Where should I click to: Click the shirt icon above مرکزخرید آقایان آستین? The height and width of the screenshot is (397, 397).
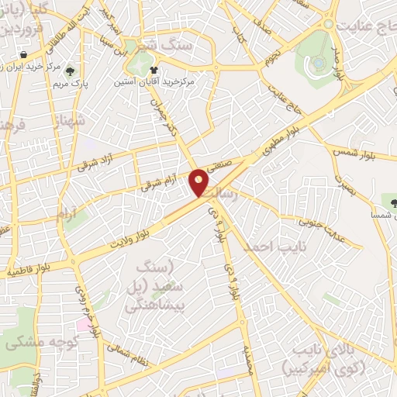pyautogui.click(x=161, y=69)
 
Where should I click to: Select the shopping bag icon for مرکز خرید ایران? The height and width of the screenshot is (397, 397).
pyautogui.click(x=25, y=54)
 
